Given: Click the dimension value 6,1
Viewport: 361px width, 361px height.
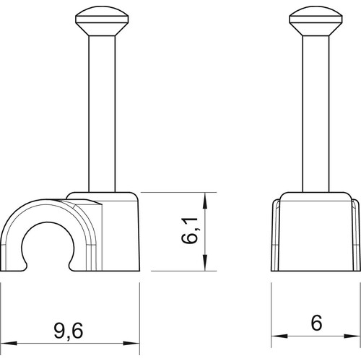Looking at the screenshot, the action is point(189,231).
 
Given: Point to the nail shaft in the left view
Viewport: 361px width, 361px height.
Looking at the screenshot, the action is point(102,114).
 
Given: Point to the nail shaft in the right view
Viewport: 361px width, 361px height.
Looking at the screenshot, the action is point(316,114).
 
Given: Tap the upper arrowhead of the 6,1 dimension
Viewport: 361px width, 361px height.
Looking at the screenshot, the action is point(204,201).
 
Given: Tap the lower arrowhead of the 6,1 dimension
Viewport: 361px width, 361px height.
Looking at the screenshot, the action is point(204,263).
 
